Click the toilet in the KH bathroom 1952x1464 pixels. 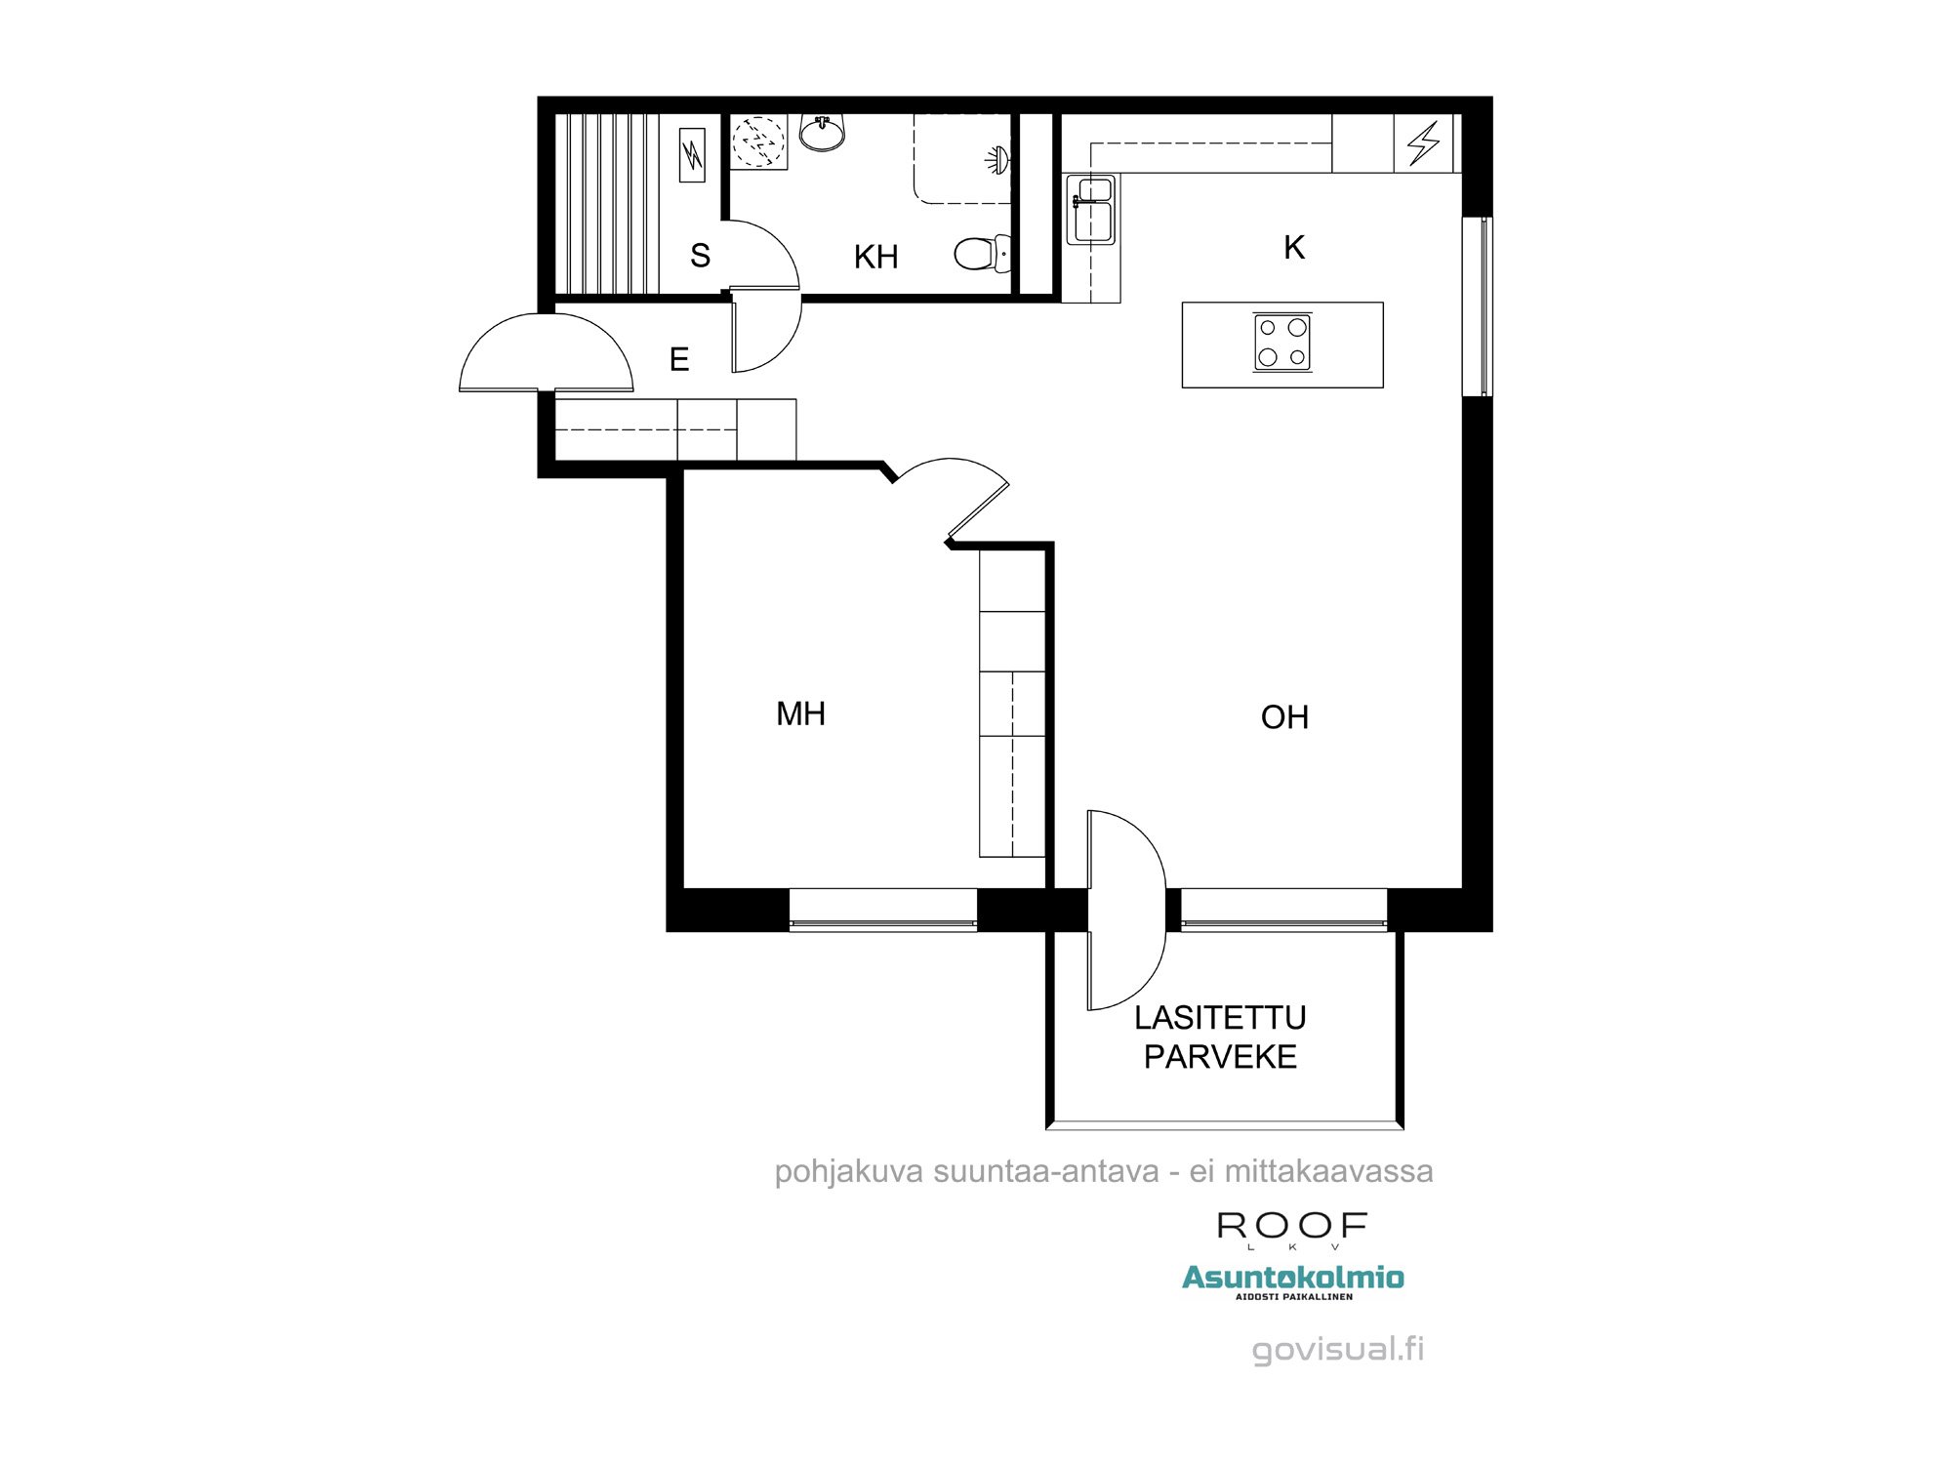pos(979,254)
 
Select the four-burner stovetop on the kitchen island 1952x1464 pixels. pos(1282,344)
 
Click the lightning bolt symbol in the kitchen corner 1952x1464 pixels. pos(1423,142)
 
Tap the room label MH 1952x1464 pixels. pos(800,713)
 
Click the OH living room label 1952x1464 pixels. pos(1284,717)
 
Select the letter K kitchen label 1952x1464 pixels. pos(1294,248)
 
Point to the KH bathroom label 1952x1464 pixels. pos(875,257)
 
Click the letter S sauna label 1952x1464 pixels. pos(700,256)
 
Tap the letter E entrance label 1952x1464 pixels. pos(679,359)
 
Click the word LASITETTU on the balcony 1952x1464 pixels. pos(1220,1018)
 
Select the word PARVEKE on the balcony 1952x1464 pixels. pos(1220,1056)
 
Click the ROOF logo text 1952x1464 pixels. pos(1292,1226)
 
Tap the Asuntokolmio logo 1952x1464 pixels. pos(1293,1278)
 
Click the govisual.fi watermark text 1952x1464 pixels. pos(1338,1349)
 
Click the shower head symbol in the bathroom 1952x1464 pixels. pos(997,160)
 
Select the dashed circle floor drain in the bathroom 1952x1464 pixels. pos(759,142)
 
